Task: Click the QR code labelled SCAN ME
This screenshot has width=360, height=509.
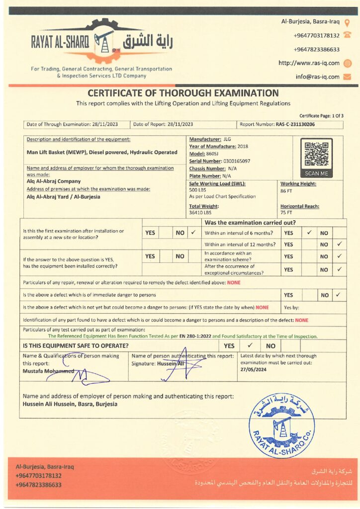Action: tap(316, 154)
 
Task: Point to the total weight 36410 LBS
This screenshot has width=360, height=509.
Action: tap(200, 213)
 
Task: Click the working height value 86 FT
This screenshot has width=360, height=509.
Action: tap(286, 190)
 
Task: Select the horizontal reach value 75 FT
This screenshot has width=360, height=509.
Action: tap(286, 213)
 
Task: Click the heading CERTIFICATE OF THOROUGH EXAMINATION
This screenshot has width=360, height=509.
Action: tap(183, 93)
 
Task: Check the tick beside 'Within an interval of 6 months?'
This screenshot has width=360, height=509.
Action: tap(309, 232)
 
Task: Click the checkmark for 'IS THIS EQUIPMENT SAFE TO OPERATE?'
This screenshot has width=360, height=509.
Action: tap(251, 345)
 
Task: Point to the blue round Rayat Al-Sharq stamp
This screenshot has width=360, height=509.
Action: tap(281, 424)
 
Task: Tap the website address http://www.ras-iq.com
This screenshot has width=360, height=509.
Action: tap(309, 63)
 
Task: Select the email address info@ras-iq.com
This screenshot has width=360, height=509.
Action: tap(317, 77)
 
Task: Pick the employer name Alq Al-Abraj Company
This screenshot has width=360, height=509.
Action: tap(54, 181)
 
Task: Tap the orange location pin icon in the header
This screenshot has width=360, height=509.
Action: tap(347, 22)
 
